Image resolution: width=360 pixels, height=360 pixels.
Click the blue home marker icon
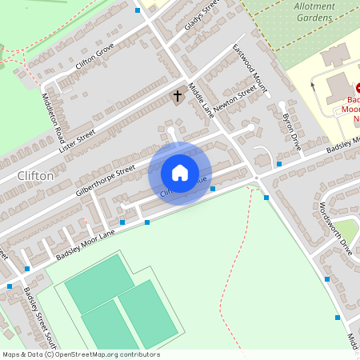pyautogui.click(x=179, y=173)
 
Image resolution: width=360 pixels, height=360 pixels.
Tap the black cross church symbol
pyautogui.click(x=177, y=96)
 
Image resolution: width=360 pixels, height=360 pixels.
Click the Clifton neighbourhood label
pyautogui.click(x=35, y=175)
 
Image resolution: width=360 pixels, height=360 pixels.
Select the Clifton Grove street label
pyautogui.click(x=95, y=58)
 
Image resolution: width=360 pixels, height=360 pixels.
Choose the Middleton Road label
pyautogui.click(x=53, y=115)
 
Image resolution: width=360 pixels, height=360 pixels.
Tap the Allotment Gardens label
pyautogui.click(x=314, y=10)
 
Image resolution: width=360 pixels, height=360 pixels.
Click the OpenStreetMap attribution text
pyautogui.click(x=81, y=354)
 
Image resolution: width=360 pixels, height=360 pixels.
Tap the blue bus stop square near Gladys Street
pyautogui.click(x=138, y=10)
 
